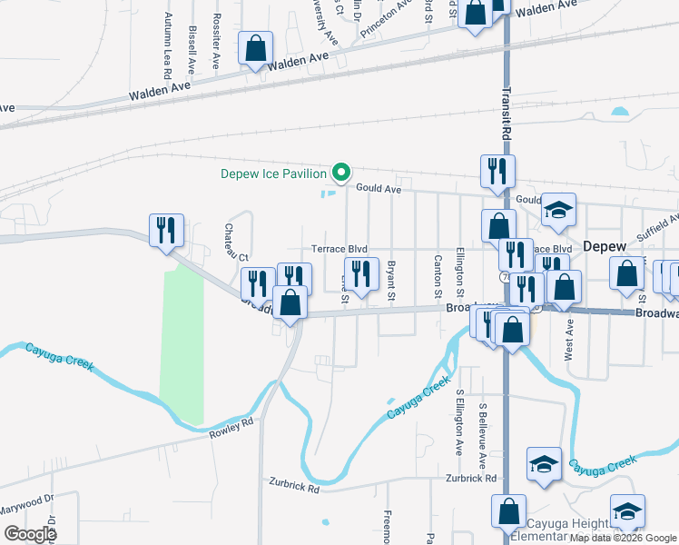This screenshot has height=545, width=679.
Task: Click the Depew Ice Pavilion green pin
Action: point(341,172)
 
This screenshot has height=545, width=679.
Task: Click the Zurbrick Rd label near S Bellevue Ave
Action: point(471,478)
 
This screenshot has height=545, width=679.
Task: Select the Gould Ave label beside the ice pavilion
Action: point(379,189)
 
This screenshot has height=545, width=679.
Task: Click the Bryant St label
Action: point(391,282)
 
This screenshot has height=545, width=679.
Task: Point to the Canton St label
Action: point(438,278)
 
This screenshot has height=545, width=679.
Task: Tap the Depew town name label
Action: point(605,246)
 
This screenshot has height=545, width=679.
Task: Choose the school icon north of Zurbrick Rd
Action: point(544,465)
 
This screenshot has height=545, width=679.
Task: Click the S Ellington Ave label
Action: point(460,423)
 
